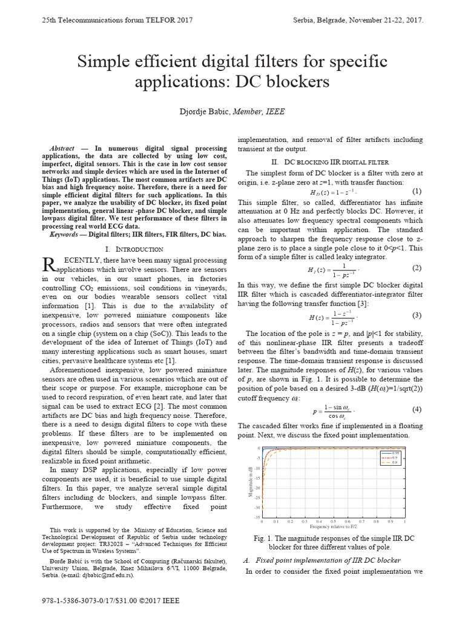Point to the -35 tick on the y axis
pyautogui.click(x=257, y=517)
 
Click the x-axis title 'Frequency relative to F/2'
pyautogui.click(x=333, y=527)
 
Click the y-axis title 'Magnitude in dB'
pyautogui.click(x=250, y=483)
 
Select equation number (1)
pyautogui.click(x=417, y=191)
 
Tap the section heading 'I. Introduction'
pyautogui.click(x=134, y=249)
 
